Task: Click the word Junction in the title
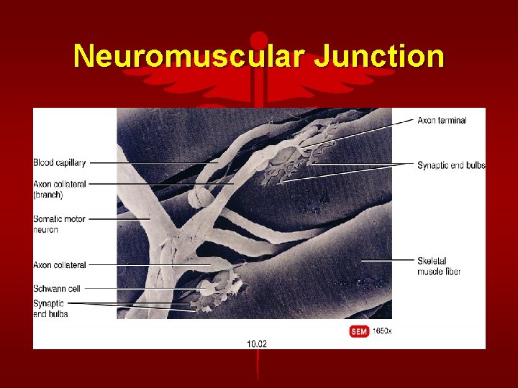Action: pos(379,56)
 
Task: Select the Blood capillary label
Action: pos(59,162)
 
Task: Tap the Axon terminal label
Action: pos(442,120)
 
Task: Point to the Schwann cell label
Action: pos(57,288)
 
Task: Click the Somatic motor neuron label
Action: pos(59,223)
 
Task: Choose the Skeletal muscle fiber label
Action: pos(439,265)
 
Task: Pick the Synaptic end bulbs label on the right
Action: pos(451,165)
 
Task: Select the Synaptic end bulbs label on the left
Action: pos(49,308)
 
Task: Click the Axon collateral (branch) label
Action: pos(59,189)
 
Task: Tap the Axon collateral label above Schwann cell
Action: pos(59,265)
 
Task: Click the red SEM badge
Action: pos(359,331)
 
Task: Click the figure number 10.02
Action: pos(257,343)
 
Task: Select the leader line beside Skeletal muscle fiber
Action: pos(388,259)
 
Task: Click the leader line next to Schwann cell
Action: pos(137,288)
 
